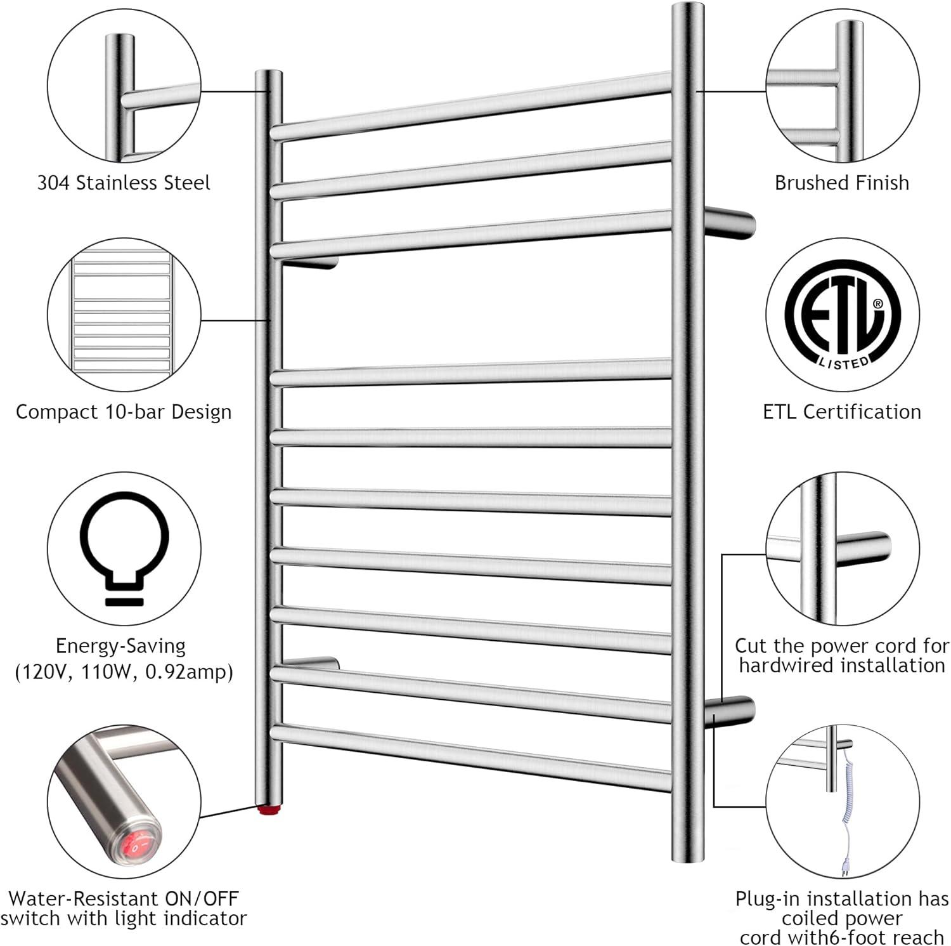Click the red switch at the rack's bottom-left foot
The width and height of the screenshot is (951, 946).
tap(269, 810)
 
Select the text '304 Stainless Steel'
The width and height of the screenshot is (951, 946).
tap(124, 183)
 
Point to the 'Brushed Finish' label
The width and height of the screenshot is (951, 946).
tap(842, 183)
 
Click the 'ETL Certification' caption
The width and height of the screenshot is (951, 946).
tap(842, 412)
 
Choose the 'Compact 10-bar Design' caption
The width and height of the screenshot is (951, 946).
tap(124, 412)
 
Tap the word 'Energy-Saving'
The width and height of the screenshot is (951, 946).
tap(120, 647)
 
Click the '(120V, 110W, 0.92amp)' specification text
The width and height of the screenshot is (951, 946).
tap(124, 672)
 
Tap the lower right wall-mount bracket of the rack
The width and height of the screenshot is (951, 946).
tap(730, 712)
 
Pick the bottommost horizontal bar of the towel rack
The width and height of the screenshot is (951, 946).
tap(470, 758)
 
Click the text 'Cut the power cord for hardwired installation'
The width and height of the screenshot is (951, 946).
tap(842, 655)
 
